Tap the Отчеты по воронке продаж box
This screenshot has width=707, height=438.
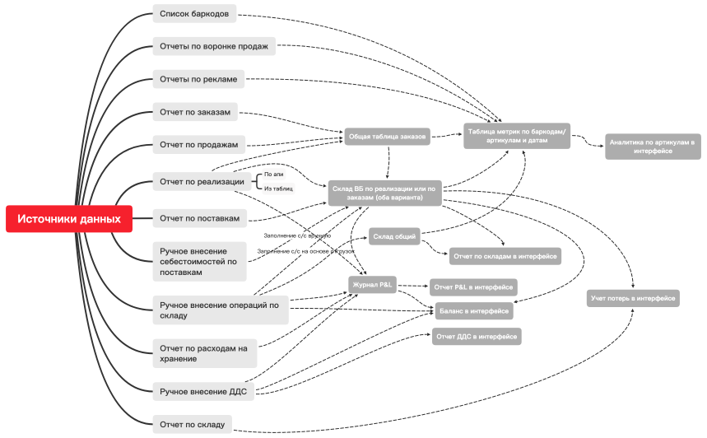213,46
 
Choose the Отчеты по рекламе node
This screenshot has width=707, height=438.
198,79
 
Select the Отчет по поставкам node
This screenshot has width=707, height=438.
200,218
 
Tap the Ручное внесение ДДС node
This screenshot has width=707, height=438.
203,391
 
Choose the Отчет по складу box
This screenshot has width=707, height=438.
193,424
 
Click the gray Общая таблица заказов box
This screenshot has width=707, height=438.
387,137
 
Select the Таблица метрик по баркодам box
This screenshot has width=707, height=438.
517,135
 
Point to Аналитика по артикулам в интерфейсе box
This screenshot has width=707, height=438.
653,146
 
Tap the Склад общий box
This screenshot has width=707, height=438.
393,237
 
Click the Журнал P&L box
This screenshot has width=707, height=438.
374,285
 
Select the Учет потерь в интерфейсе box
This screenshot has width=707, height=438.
634,298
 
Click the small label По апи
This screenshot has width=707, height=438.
274,175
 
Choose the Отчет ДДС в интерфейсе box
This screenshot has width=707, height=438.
477,336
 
